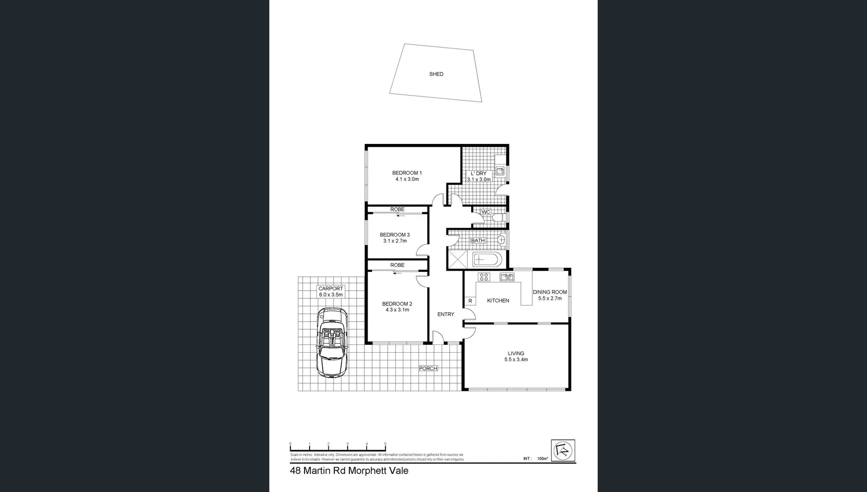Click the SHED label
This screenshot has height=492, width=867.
[x=436, y=74]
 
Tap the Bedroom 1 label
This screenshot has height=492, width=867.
[x=407, y=173]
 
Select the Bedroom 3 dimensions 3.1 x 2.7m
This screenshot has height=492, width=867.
[x=395, y=241]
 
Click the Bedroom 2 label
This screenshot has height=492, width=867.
[x=397, y=304]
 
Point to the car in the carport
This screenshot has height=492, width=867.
[x=332, y=342]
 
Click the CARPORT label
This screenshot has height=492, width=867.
[x=331, y=289]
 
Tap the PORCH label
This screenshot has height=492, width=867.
[x=428, y=369]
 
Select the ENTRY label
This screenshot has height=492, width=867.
[x=446, y=314]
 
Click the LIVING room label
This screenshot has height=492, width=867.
[x=516, y=354]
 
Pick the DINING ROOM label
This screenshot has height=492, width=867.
[x=550, y=292]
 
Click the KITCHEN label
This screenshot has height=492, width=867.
[x=498, y=301]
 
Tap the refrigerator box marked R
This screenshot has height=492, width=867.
[x=470, y=301]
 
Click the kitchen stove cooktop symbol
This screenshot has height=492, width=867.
[x=483, y=277]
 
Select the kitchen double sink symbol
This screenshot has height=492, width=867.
[x=507, y=277]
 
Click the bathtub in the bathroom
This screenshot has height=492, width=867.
[x=487, y=260]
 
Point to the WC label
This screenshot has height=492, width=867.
[x=486, y=212]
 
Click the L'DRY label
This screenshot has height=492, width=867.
[x=478, y=174]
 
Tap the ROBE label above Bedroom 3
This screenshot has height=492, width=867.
[x=397, y=210]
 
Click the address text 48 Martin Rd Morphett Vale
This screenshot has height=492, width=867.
[x=349, y=471]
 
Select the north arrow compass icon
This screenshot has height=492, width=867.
[x=563, y=451]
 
